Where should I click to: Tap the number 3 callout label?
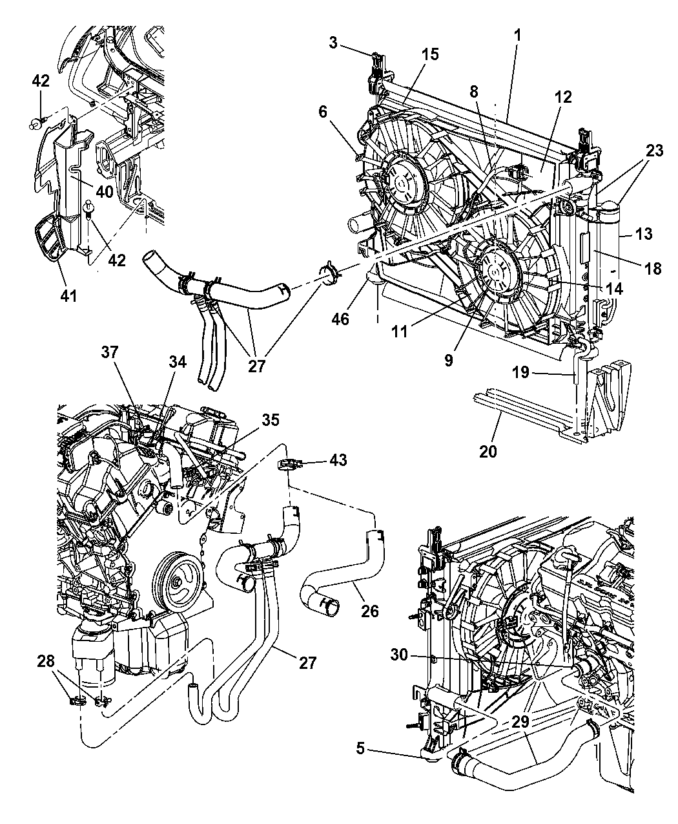(x=333, y=44)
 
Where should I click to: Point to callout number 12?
(x=562, y=98)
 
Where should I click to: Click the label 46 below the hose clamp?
(x=340, y=318)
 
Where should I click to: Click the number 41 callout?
(x=68, y=296)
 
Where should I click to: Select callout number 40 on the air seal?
(x=105, y=192)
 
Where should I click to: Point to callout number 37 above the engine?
(x=110, y=352)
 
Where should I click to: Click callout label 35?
(x=270, y=419)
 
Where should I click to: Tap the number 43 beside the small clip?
(x=337, y=460)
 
